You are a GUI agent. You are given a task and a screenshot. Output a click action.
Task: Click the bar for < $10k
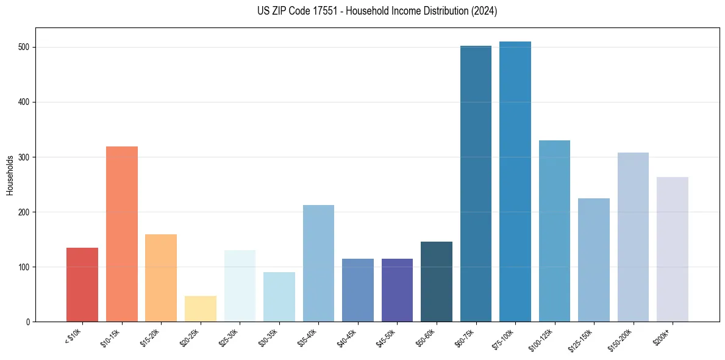(x=82, y=284)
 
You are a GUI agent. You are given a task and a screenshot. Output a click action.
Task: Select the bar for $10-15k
(x=121, y=234)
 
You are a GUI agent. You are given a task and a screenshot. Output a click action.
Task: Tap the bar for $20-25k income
(x=200, y=309)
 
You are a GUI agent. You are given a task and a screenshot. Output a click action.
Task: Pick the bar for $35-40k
(x=318, y=263)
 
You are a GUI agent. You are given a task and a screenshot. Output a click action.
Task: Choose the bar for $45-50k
(x=397, y=290)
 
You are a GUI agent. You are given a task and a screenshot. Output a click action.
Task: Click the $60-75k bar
(x=476, y=184)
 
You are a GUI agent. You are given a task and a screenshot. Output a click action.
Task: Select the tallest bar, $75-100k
(x=515, y=181)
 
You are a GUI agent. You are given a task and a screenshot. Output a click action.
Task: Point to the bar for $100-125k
(x=554, y=231)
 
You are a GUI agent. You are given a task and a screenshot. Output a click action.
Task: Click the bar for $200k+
(x=673, y=249)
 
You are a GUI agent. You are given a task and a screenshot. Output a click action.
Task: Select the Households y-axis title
(x=10, y=175)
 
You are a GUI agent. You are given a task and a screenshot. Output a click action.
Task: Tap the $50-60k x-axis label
(x=426, y=337)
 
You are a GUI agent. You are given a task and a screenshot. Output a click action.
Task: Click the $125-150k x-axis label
(x=582, y=339)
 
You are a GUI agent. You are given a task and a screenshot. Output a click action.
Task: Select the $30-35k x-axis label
(x=268, y=337)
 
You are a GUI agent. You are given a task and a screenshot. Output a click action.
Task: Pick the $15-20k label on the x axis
(x=150, y=337)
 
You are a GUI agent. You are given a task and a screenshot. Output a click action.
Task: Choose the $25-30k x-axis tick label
(x=229, y=337)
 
